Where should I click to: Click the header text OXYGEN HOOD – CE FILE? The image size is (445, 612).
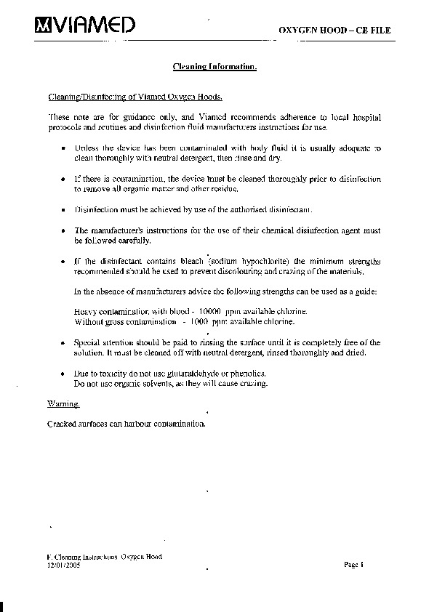335,30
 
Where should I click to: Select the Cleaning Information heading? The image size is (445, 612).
215,67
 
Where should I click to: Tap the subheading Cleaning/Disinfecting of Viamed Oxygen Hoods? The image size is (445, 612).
135,97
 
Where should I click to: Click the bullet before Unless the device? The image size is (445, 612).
65,148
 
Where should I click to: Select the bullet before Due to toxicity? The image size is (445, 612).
65,372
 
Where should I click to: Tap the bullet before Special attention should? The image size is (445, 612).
65,342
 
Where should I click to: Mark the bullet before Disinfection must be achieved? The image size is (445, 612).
65,209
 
